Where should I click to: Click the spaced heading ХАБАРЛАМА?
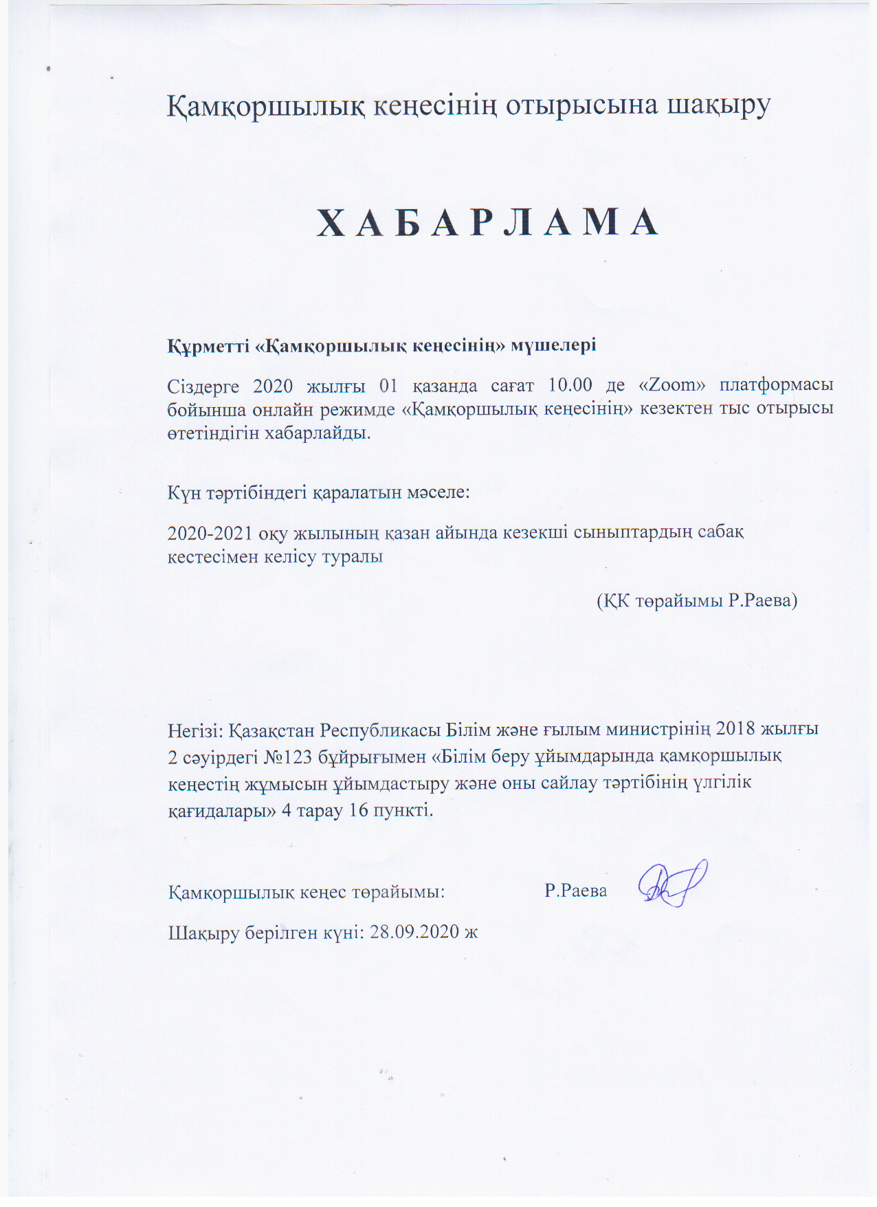click(488, 224)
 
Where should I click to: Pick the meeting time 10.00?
click(570, 385)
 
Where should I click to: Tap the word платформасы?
click(776, 385)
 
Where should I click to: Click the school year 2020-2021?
click(210, 533)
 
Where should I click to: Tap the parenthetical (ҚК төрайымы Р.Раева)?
click(696, 600)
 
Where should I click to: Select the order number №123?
click(288, 757)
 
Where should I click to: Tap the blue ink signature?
click(672, 885)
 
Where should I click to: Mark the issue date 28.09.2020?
click(414, 933)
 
